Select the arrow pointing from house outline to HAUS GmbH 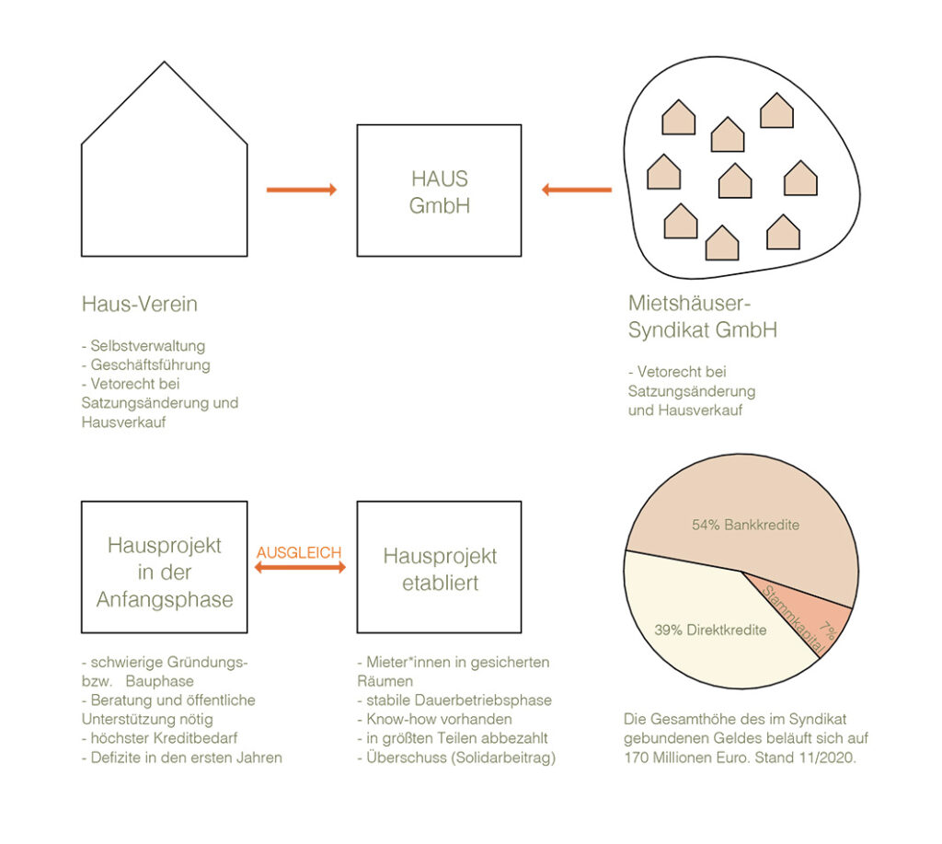coord(302,190)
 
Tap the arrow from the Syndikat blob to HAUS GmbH coord(577,190)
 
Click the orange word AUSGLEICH coord(299,552)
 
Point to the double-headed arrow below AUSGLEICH coord(301,567)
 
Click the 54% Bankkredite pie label coord(745,525)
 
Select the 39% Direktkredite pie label coord(710,630)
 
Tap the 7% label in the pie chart coord(828,630)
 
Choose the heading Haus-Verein coord(140,304)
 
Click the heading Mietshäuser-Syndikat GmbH coord(702,317)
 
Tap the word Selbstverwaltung coord(148,346)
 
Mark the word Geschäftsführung coord(150,364)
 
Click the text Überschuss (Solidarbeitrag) coord(461,757)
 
